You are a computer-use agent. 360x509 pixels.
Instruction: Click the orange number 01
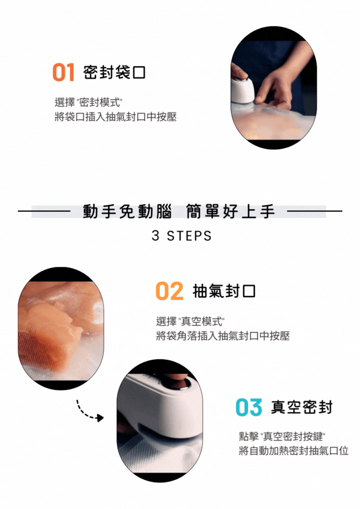click(63, 72)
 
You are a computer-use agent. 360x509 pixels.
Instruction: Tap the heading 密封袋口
click(114, 72)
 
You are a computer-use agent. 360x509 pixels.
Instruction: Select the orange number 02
click(169, 291)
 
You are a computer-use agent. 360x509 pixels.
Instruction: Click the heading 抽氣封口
click(224, 291)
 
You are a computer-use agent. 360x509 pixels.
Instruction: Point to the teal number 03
click(248, 407)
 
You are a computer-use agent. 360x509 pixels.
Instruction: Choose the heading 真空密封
click(302, 407)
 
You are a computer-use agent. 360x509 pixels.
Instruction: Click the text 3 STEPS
click(181, 236)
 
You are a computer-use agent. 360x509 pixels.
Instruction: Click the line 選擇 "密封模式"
click(88, 102)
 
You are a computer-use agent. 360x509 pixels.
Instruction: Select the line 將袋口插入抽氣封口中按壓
click(116, 117)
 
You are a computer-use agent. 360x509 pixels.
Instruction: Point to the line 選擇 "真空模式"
click(190, 321)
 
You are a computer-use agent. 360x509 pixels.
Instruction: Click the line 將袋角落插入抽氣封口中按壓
click(223, 335)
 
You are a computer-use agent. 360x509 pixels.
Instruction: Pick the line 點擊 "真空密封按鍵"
click(282, 437)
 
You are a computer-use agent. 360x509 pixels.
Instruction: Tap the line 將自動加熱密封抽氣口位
click(293, 451)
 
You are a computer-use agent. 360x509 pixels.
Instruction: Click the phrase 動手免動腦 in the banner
click(127, 211)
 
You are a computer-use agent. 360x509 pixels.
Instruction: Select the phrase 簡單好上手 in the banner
click(231, 211)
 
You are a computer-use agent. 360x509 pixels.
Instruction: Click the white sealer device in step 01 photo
click(242, 88)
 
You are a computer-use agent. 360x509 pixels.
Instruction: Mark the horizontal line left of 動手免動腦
click(44, 211)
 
